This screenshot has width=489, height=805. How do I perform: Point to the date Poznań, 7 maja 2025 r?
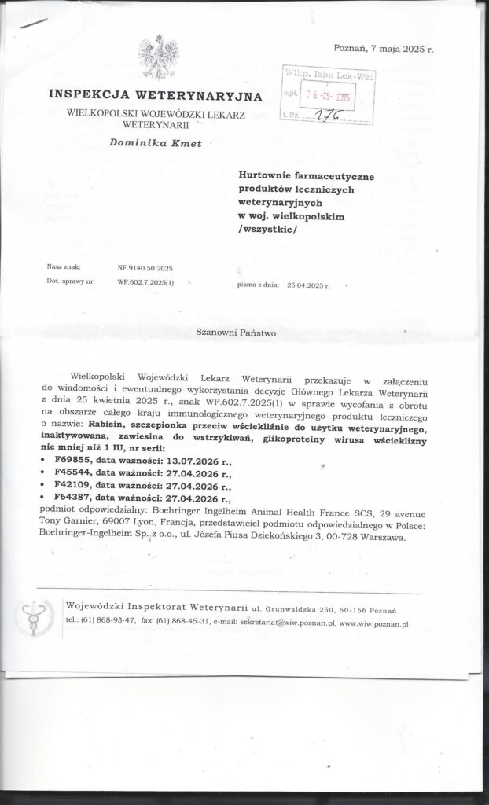pos(384,49)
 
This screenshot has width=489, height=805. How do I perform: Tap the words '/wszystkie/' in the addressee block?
pos(268,228)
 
